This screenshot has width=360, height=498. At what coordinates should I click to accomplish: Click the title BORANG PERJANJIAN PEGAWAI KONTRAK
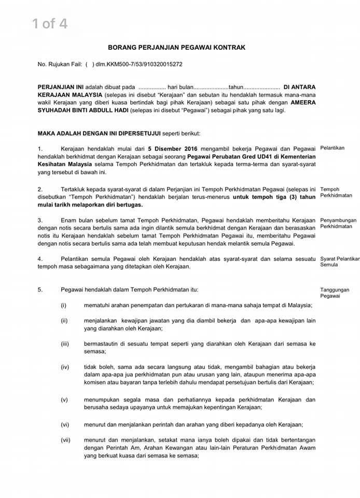[x=177, y=47]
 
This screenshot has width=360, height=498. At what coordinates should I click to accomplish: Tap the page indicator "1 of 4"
[x=50, y=23]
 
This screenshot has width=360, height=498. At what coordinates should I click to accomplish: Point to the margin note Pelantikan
[x=333, y=148]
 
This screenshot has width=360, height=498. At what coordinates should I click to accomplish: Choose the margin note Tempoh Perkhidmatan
[x=336, y=192]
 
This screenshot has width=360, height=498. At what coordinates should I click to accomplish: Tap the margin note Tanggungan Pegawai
[x=335, y=293]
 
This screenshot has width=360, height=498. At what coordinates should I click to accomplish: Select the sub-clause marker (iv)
[x=65, y=367]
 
